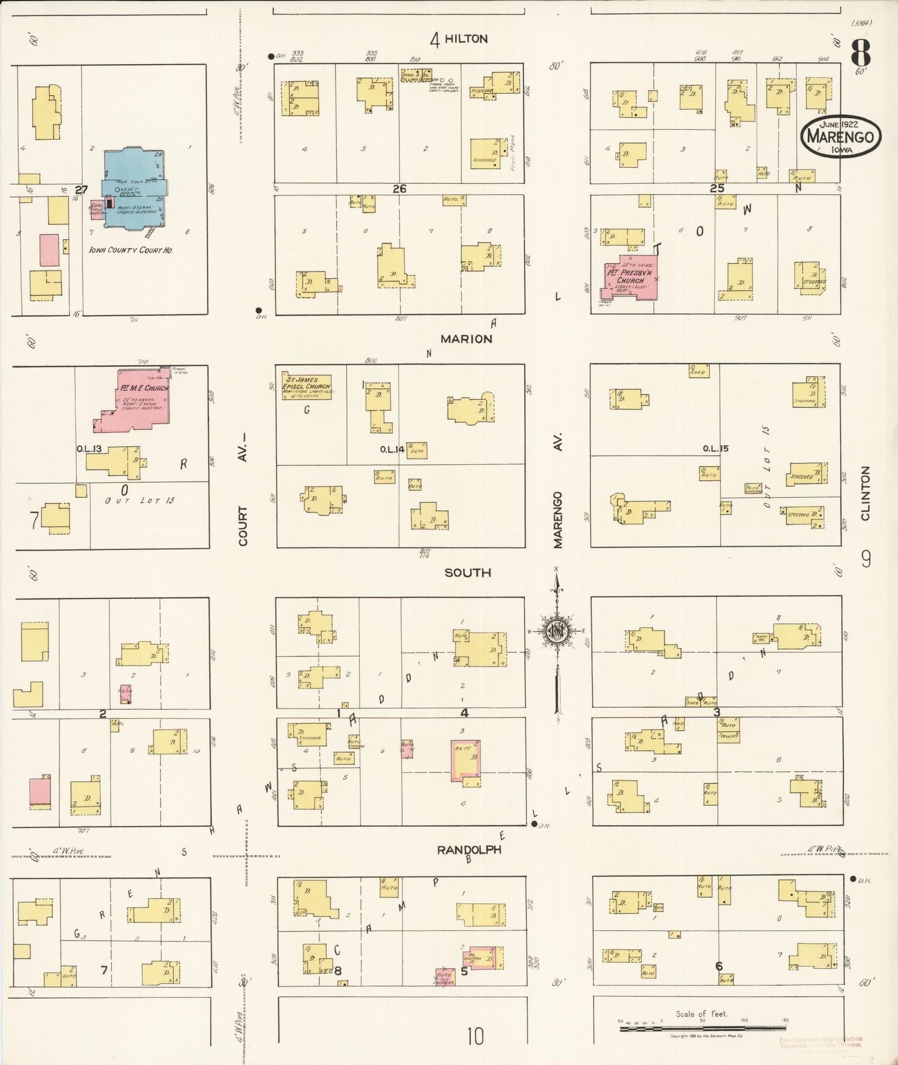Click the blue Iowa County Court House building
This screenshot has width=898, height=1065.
click(x=134, y=190)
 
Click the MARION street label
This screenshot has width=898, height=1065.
click(x=466, y=339)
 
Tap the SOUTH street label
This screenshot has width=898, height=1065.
click(x=467, y=572)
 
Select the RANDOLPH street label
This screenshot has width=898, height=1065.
click(x=469, y=849)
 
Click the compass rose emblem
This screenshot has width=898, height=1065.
click(x=556, y=631)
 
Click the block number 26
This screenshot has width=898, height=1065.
click(x=399, y=188)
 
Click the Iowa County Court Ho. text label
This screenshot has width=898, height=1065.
click(x=131, y=250)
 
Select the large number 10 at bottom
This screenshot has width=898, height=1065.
click(x=475, y=1036)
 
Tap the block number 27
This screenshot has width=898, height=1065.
click(x=81, y=190)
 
